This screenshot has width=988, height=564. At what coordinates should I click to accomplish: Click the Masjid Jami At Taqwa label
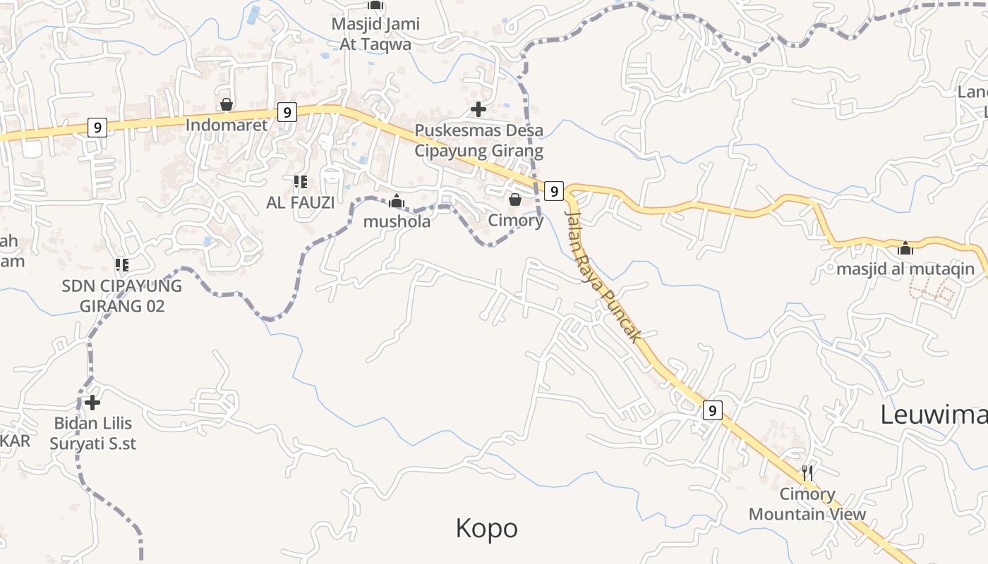click(375, 33)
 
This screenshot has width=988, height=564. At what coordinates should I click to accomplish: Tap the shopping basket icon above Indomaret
click(227, 105)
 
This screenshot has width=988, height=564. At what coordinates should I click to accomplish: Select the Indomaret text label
click(227, 125)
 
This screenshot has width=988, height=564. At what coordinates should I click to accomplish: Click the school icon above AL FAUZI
click(301, 182)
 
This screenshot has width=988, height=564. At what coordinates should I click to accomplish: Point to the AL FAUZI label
click(301, 202)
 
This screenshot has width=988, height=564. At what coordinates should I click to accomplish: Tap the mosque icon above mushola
click(397, 202)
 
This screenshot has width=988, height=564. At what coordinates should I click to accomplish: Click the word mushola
click(397, 221)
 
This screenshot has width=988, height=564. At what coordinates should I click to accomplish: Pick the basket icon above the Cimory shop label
click(515, 200)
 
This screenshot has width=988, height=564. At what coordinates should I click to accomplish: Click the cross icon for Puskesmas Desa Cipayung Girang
click(478, 109)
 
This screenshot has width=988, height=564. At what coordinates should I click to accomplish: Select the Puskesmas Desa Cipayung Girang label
click(478, 140)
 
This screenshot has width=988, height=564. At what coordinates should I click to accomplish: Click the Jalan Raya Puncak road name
click(604, 276)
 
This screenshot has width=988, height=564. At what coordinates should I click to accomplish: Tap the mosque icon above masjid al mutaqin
click(905, 248)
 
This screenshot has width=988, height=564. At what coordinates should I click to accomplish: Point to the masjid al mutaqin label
click(905, 269)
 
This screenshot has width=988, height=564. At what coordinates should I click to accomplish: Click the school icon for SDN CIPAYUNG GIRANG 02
click(121, 265)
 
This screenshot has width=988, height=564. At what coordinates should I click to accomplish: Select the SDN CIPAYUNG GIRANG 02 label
click(121, 296)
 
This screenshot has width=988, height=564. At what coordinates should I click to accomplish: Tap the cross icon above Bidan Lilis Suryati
click(92, 403)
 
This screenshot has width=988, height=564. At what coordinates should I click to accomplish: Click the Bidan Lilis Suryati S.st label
click(92, 434)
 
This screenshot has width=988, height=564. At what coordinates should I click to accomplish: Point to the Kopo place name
click(486, 528)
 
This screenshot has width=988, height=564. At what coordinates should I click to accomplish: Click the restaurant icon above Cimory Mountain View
click(808, 472)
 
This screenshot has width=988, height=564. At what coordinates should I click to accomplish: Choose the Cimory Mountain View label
click(807, 504)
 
